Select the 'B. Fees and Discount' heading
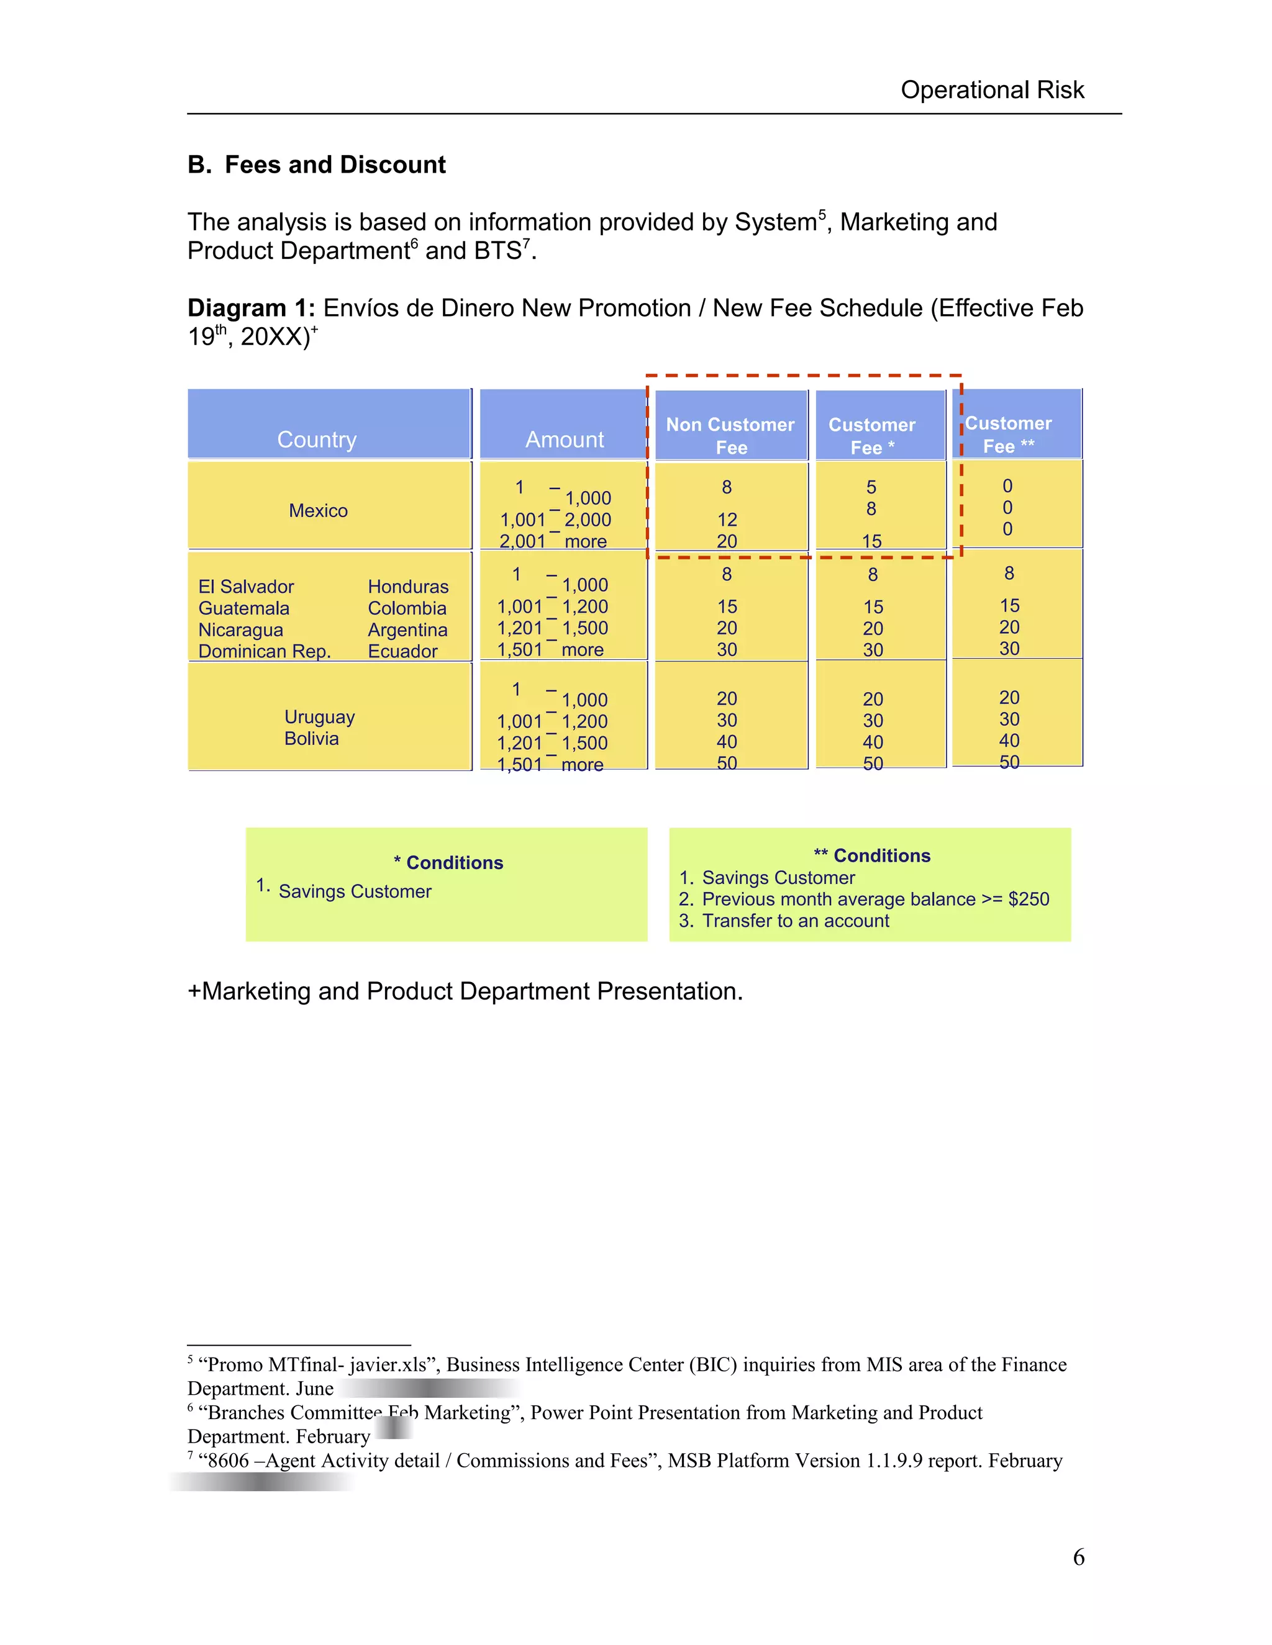317,165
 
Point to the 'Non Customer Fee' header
730,435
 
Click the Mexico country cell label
318,511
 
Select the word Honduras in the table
407,587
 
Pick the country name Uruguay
319,717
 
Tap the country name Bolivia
311,739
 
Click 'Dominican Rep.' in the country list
265,652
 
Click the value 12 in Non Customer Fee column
727,520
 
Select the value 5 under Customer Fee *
871,487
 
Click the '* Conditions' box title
448,863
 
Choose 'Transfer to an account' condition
795,921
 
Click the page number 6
1078,1557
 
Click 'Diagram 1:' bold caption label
251,308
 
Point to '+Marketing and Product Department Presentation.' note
465,991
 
